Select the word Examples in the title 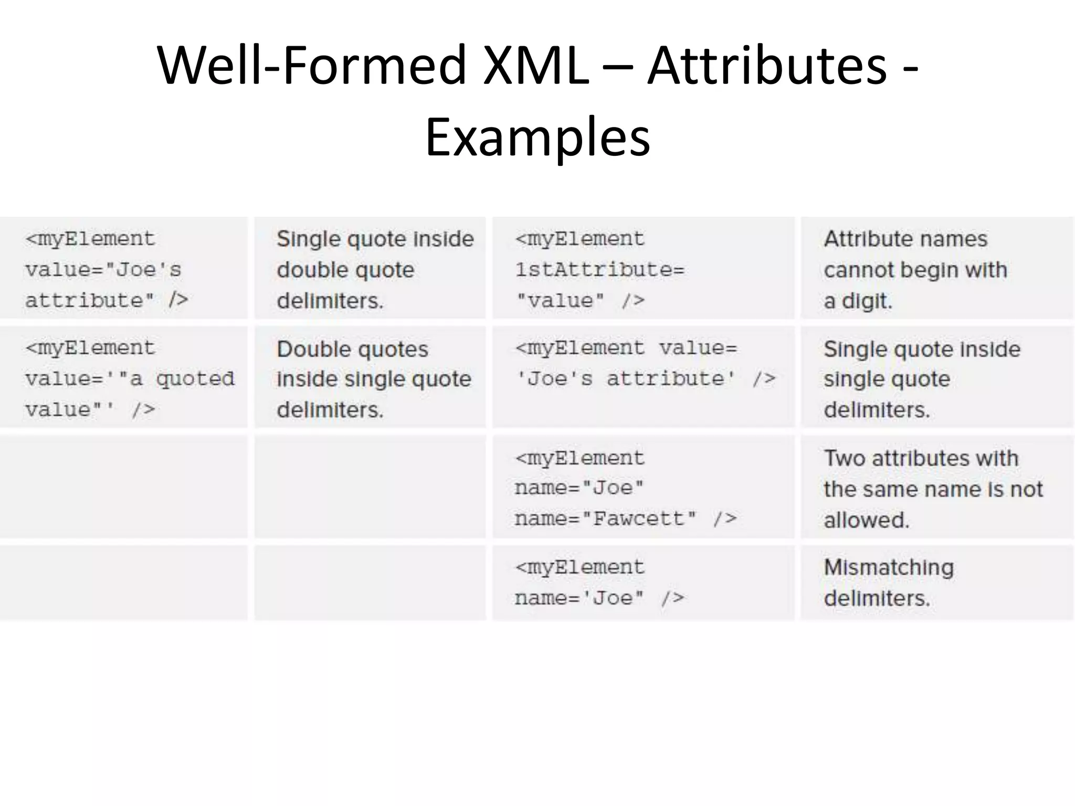tap(537, 137)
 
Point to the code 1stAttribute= tap(599, 270)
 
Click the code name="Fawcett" tap(606, 519)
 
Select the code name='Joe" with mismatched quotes tap(579, 598)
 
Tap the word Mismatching tap(889, 568)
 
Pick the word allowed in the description tap(866, 520)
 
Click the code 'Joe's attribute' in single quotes tap(626, 378)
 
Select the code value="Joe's tap(103, 270)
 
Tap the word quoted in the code tap(195, 378)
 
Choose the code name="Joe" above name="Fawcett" tap(579, 488)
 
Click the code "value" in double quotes tap(560, 301)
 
